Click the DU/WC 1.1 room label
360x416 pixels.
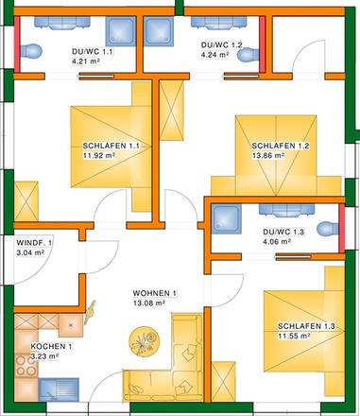tap(92, 53)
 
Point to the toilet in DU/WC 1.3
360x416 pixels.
tap(327, 228)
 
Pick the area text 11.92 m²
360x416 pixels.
tap(98, 158)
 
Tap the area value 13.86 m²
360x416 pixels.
tap(268, 158)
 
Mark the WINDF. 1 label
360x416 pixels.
tap(34, 243)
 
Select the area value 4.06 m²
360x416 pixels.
tap(278, 241)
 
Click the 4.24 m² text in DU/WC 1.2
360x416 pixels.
tap(216, 55)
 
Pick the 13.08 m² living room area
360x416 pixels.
tap(149, 303)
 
